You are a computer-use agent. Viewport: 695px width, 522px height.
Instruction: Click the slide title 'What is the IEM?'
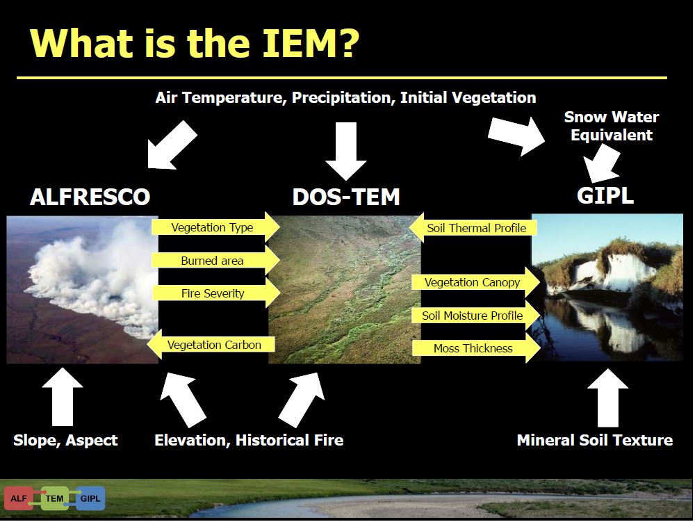194,43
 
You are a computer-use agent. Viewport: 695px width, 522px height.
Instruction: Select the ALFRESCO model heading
90,197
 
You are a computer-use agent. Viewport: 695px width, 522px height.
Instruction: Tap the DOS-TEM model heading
346,197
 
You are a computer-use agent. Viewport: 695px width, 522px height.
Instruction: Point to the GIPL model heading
605,195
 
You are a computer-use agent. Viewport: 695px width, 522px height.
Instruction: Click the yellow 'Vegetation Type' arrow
216,227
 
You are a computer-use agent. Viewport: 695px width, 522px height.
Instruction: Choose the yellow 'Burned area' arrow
216,261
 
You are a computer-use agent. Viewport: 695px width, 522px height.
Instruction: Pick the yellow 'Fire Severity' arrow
216,293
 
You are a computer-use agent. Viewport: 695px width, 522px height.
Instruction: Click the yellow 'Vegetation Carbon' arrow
211,344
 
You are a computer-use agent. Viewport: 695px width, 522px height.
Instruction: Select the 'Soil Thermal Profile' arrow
473,228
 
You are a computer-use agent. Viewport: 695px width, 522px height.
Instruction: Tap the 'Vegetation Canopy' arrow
476,282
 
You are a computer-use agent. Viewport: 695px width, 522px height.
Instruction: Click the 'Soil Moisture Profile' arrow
476,316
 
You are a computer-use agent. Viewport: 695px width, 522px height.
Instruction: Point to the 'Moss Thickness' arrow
476,348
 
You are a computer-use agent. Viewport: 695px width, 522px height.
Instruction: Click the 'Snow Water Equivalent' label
612,126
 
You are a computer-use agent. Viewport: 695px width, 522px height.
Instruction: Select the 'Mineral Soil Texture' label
595,440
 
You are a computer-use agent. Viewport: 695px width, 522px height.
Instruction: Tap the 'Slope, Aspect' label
65,440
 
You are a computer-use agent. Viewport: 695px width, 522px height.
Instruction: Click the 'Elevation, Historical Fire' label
249,440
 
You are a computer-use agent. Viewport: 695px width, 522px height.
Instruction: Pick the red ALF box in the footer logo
19,498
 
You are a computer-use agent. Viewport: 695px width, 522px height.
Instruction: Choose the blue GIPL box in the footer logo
90,498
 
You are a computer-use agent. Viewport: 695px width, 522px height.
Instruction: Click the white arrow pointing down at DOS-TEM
345,152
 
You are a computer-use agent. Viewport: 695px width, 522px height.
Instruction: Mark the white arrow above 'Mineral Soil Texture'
607,398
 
